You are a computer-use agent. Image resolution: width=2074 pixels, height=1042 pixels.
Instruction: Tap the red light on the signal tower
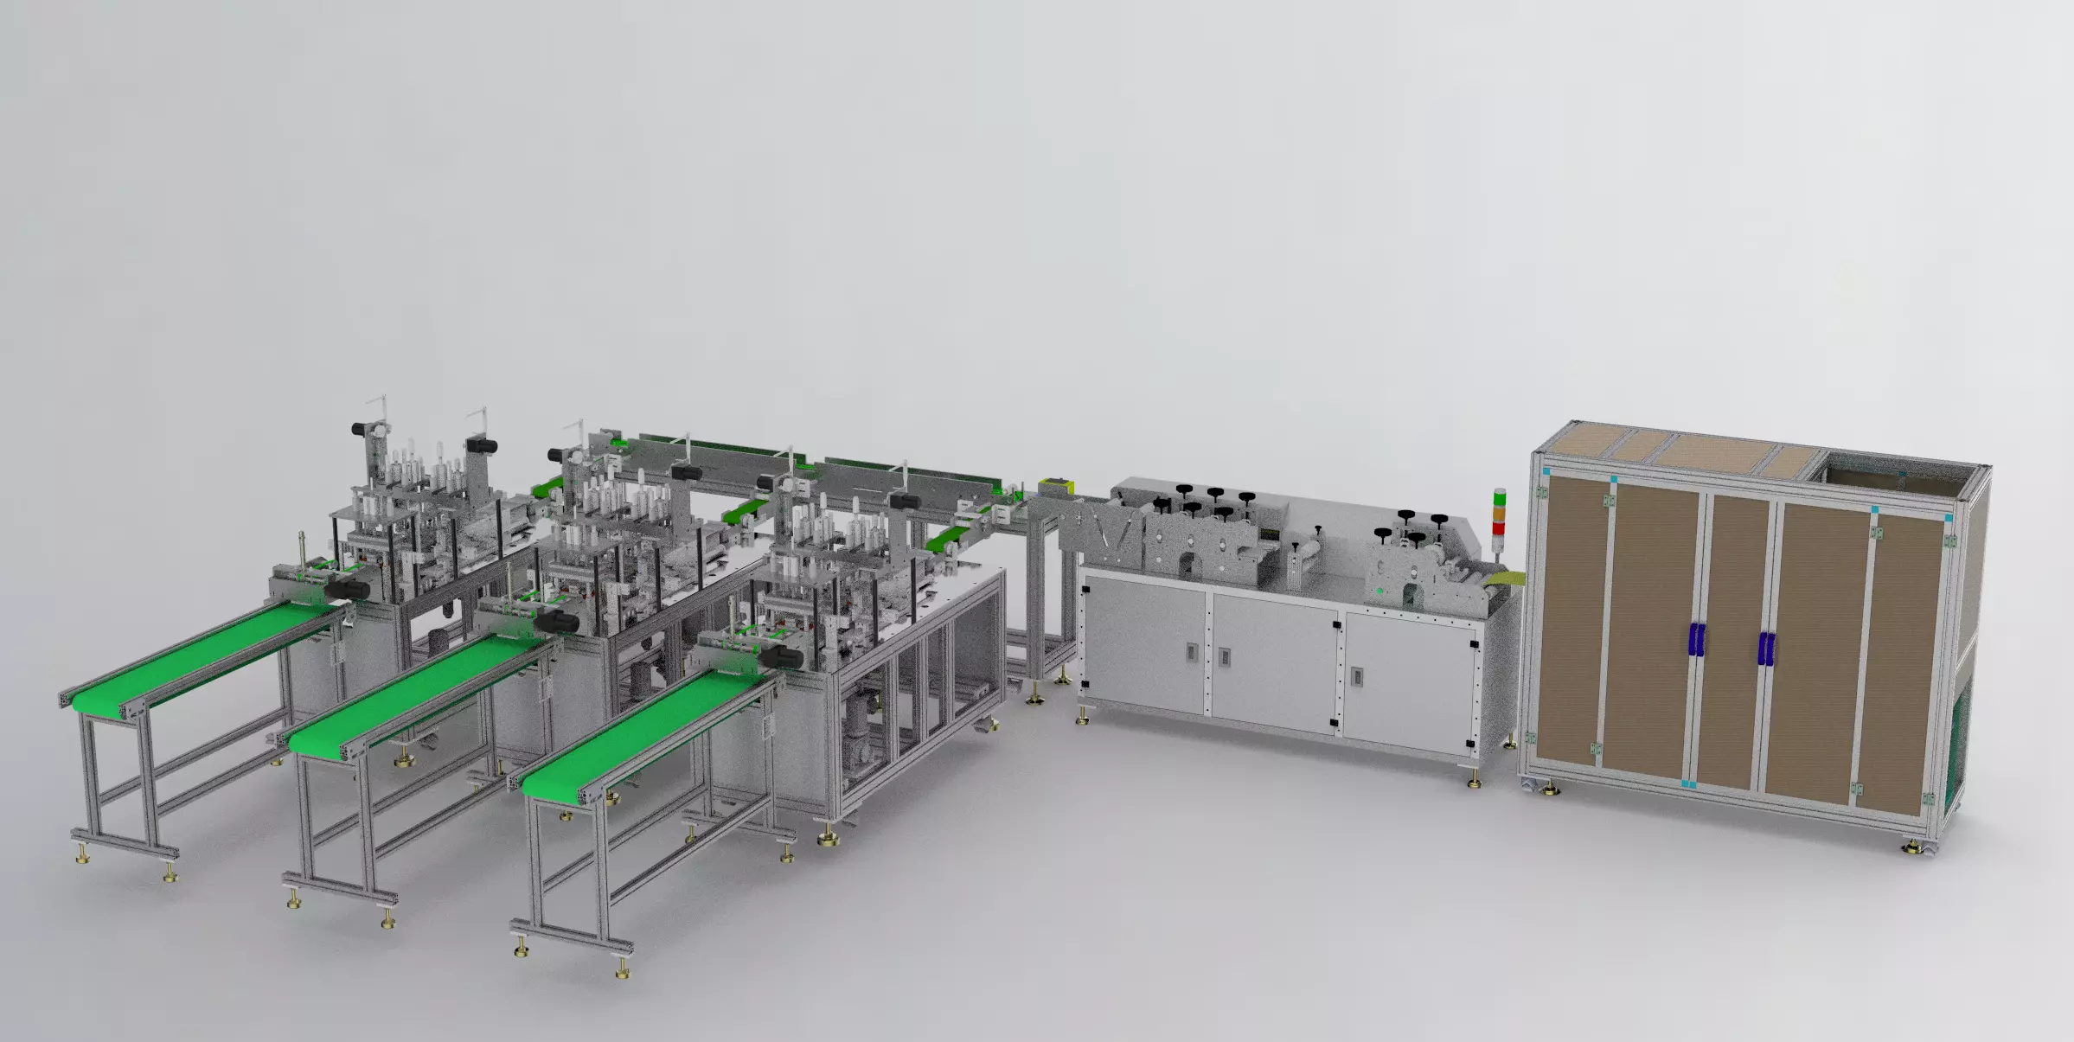(x=1500, y=527)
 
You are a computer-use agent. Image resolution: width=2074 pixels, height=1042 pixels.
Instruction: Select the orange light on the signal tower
(x=1500, y=513)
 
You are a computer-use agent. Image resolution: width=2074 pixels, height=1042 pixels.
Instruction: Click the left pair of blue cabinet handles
(x=1696, y=640)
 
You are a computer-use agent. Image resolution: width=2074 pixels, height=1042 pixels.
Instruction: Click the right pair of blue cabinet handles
(x=1765, y=649)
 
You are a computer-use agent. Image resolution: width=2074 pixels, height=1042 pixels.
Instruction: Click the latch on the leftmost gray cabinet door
(x=1192, y=650)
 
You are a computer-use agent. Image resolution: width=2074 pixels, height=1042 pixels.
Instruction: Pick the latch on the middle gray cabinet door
(x=1225, y=657)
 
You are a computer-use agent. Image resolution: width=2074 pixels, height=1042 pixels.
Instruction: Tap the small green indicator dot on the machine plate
(x=1379, y=591)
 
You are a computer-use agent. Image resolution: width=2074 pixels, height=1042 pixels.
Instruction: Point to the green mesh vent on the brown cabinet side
(x=1960, y=744)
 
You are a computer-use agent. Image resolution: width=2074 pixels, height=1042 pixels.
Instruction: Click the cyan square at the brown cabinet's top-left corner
(x=1546, y=471)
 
